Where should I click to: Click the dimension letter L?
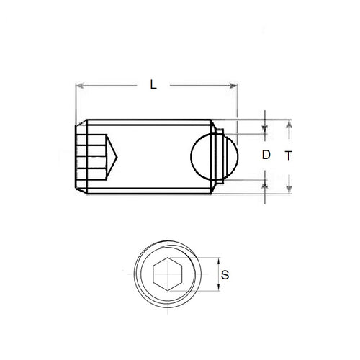pos(153,84)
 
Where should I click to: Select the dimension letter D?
pos(266,154)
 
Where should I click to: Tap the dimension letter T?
pos(288,155)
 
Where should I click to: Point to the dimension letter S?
pos(226,274)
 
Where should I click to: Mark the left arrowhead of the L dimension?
pos(79,86)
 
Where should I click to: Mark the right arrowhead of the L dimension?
pos(235,86)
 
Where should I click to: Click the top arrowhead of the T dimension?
pos(289,123)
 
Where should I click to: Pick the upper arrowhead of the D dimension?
pos(266,130)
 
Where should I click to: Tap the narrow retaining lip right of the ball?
pos(225,155)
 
